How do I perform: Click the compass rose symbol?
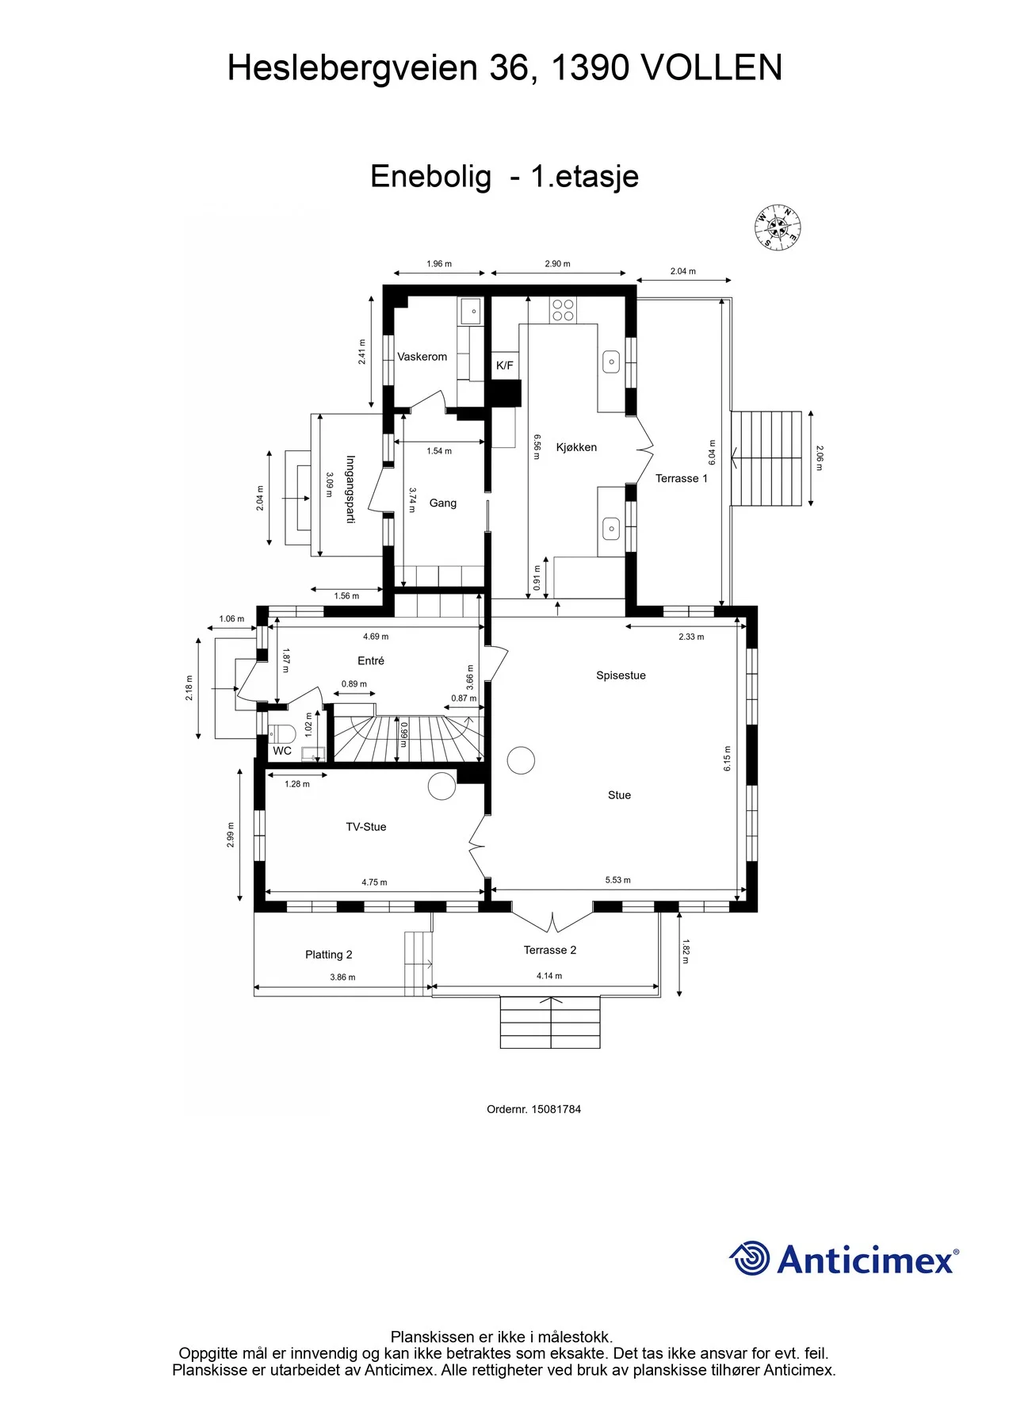tap(778, 228)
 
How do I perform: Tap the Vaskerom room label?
tap(422, 357)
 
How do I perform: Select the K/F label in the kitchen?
tap(505, 365)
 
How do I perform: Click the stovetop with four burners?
tap(564, 310)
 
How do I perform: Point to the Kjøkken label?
tap(576, 447)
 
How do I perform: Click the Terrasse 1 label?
tap(682, 478)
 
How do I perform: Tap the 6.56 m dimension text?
tap(537, 447)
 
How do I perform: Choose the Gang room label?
tap(443, 503)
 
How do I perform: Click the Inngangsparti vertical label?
tap(350, 489)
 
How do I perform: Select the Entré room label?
tap(371, 660)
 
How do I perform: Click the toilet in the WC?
tap(281, 733)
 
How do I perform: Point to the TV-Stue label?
tap(366, 827)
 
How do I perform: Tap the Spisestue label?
tap(621, 675)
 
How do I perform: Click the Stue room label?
tap(619, 795)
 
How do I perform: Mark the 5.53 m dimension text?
tap(618, 880)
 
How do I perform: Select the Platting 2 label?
tap(329, 955)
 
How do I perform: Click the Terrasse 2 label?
tap(550, 950)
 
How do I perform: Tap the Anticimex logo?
tap(844, 1259)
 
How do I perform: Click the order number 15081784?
tap(556, 1109)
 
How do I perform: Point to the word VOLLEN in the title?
tap(712, 68)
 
